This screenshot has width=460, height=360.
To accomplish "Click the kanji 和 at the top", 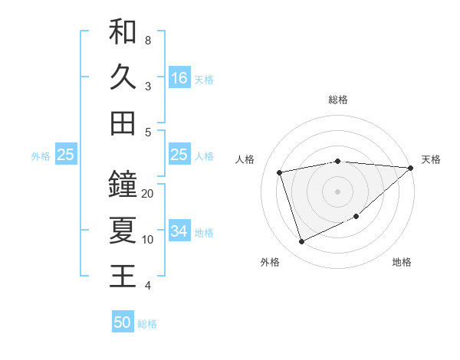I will [x=123, y=32].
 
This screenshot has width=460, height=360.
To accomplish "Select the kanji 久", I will [x=123, y=77].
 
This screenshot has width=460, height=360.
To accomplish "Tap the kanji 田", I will [x=123, y=123].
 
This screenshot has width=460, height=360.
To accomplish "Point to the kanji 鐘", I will [x=123, y=185].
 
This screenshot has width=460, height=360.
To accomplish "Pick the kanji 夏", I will [x=123, y=231].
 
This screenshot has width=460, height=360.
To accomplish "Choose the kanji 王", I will [x=123, y=276].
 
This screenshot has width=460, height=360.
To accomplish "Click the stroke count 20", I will [x=148, y=194].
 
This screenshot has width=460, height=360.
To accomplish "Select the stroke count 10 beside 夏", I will [x=148, y=240].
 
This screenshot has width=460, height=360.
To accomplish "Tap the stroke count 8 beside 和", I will [x=147, y=40].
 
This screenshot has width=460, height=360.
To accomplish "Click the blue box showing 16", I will [x=179, y=78].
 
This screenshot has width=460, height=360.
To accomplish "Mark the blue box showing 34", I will [x=179, y=231].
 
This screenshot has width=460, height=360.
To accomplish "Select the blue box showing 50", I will [x=123, y=322].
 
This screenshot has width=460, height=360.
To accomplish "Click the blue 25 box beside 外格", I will [x=66, y=155].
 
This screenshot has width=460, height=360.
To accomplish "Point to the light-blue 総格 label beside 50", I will [x=147, y=324].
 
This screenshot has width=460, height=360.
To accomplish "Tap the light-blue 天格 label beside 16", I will [x=204, y=80].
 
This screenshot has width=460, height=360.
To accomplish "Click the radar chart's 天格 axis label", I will [x=432, y=159].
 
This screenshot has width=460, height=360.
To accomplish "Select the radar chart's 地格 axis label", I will [x=402, y=262].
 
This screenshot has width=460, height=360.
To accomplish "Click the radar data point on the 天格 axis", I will [x=410, y=168].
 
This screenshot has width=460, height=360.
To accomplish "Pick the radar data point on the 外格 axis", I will [x=301, y=242].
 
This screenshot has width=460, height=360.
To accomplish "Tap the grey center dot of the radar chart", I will [x=337, y=191].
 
